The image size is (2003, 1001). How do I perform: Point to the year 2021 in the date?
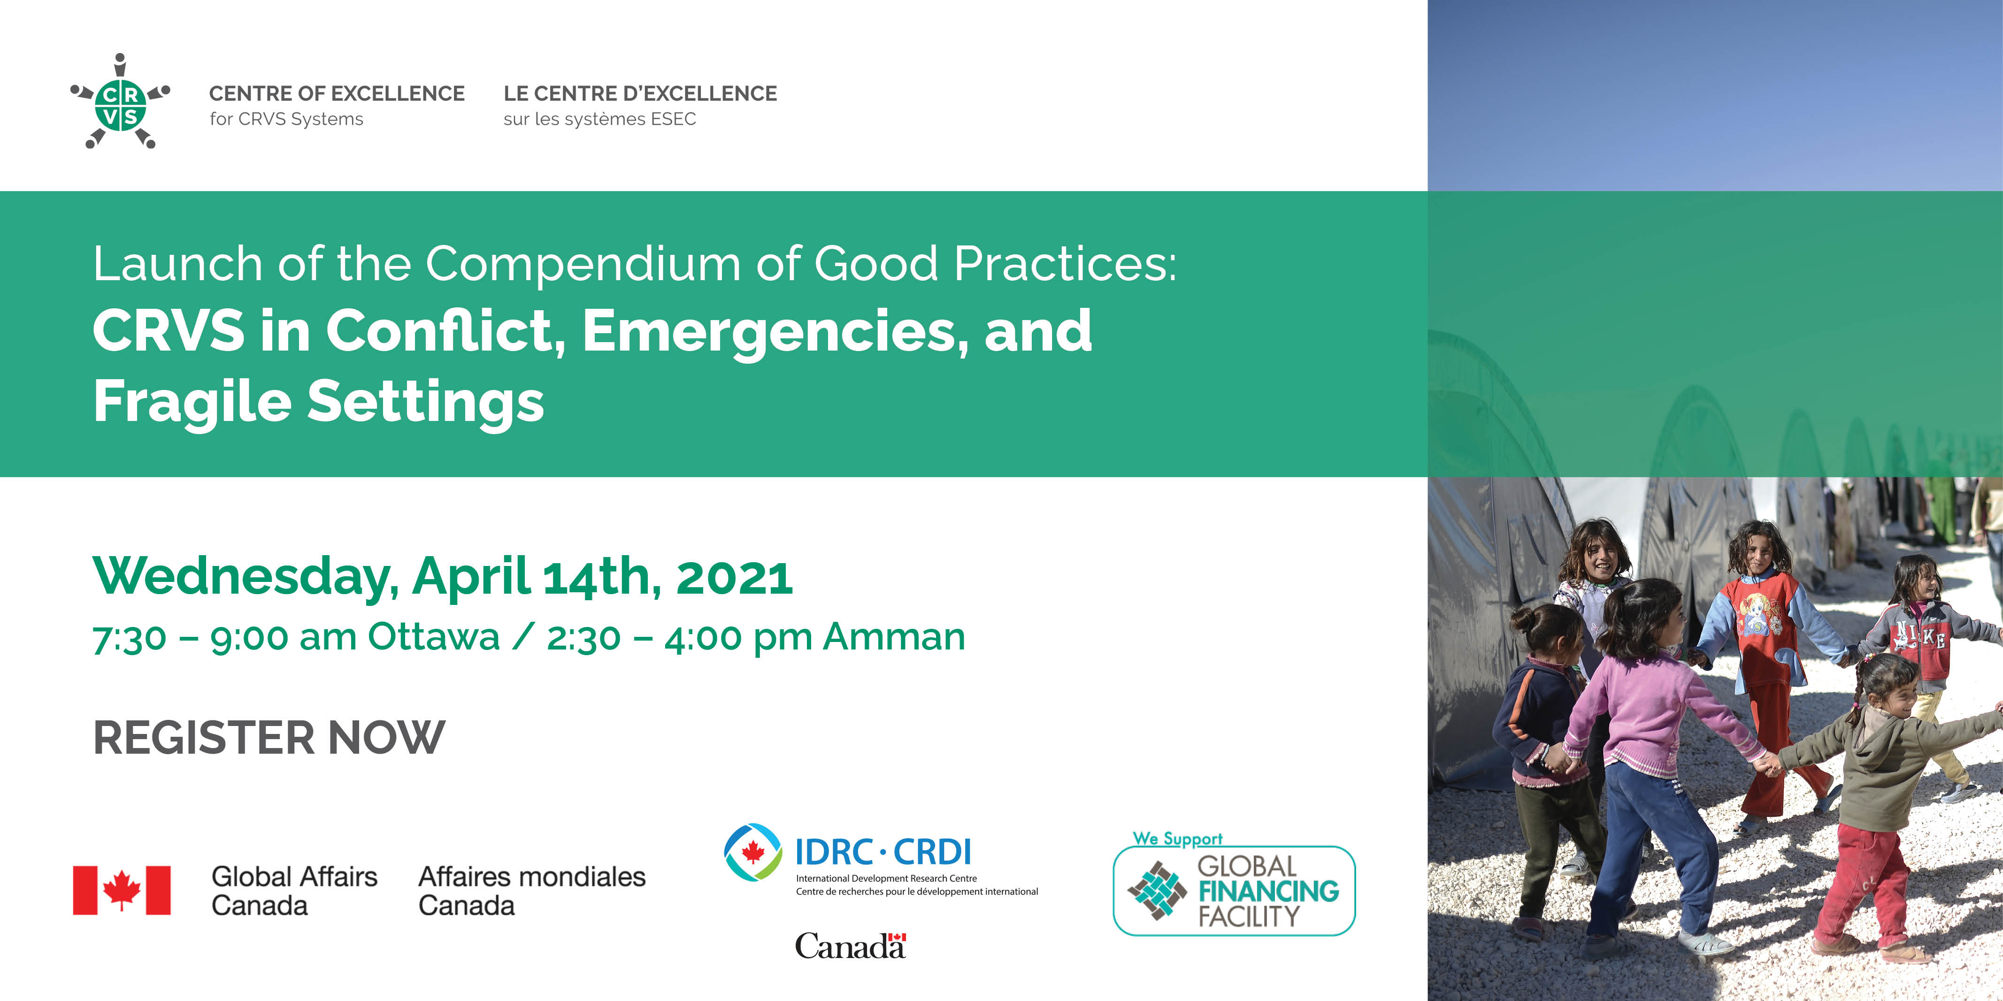(x=734, y=577)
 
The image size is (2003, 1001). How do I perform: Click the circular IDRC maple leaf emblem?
(x=752, y=852)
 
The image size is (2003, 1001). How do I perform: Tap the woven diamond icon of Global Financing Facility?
(x=1157, y=891)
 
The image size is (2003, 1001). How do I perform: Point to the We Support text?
(x=1177, y=839)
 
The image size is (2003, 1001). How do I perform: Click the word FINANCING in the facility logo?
(x=1269, y=891)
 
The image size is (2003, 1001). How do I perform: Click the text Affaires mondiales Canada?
(x=532, y=891)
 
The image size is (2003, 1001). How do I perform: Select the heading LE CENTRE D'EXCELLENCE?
(x=640, y=93)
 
